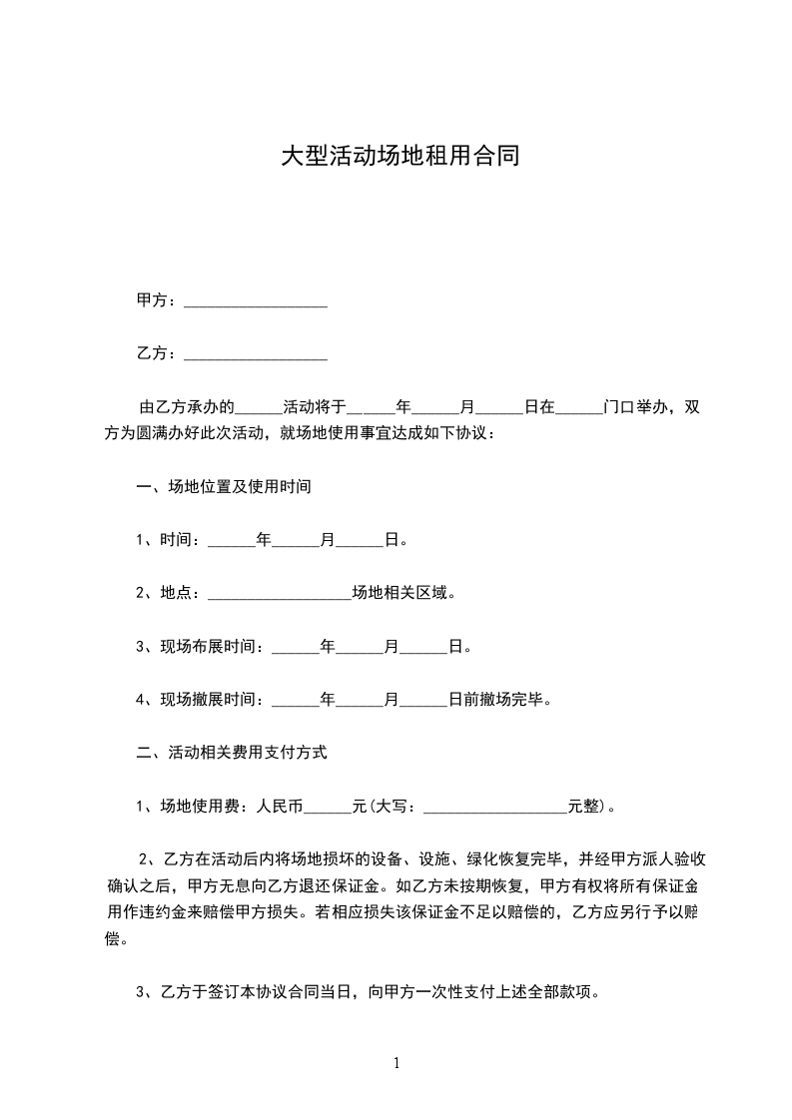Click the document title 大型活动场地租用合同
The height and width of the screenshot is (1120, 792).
(399, 156)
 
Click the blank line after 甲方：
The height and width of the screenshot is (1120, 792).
(256, 301)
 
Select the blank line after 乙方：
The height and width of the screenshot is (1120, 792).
(256, 354)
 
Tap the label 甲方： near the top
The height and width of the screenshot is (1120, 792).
(158, 300)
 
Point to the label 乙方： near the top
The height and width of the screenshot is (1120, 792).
(158, 353)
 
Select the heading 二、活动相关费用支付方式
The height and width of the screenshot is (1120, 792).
(231, 753)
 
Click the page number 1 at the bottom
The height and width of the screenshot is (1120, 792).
(396, 1063)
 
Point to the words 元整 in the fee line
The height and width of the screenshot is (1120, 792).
(583, 806)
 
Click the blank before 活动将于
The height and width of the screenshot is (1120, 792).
(262, 409)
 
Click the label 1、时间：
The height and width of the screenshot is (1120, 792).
(170, 540)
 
